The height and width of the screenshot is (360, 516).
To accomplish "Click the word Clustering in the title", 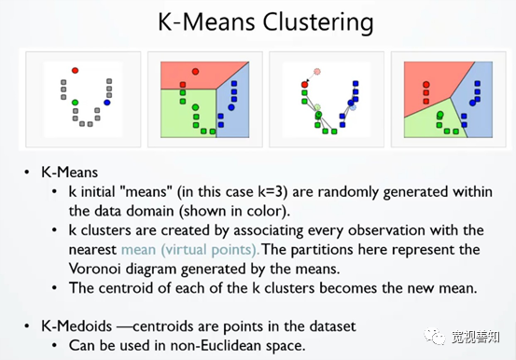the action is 317,23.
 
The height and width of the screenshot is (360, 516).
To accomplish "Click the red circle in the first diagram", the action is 75,71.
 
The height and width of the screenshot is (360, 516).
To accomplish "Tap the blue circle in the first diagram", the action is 107,103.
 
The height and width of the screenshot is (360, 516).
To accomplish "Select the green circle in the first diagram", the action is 76,103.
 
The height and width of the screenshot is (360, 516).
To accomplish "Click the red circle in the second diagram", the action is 195,72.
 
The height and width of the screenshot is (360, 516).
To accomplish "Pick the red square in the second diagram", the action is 183,85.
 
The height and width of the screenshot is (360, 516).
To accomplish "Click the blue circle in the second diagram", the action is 231,107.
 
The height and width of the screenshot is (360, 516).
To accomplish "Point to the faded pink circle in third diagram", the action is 317,72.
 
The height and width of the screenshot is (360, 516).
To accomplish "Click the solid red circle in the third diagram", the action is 305,85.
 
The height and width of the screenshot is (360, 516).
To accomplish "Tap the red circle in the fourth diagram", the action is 426,85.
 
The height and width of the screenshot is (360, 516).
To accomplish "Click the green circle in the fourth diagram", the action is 440,115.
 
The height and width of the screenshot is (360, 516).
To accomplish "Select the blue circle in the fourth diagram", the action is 473,103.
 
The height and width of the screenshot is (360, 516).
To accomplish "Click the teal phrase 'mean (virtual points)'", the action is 190,250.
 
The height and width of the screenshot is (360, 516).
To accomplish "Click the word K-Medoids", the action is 77,326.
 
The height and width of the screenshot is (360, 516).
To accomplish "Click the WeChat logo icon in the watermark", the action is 434,337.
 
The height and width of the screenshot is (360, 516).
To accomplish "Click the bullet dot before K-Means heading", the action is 27,173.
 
